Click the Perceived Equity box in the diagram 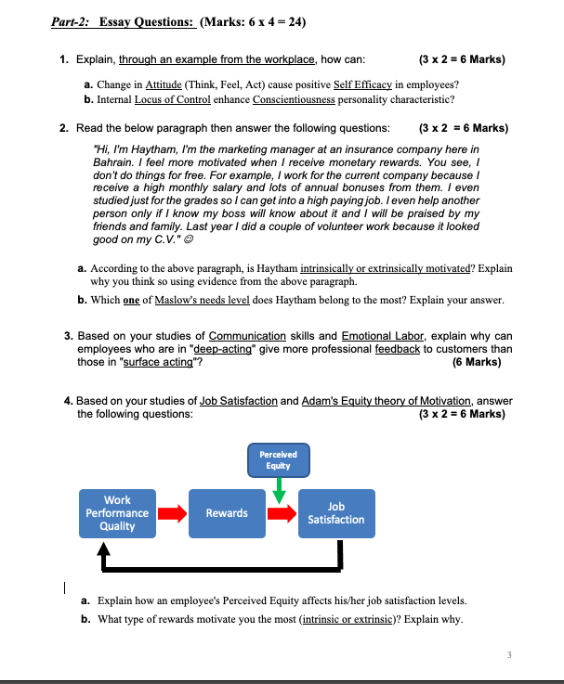coord(278,459)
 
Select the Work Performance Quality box coord(117,513)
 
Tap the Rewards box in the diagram coord(227,513)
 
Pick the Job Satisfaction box coord(336,513)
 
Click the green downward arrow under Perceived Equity coord(278,492)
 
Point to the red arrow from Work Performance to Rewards coord(170,513)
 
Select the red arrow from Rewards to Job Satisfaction coord(282,513)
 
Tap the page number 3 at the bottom coord(509,655)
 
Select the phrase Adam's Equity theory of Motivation coord(387,401)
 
